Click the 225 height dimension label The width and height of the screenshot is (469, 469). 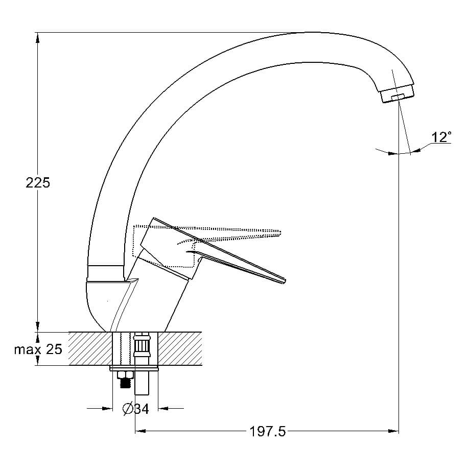pyautogui.click(x=38, y=183)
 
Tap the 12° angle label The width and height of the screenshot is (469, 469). pyautogui.click(x=441, y=137)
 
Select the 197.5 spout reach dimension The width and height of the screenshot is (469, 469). pyautogui.click(x=267, y=431)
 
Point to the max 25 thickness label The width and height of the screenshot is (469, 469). pyautogui.click(x=38, y=349)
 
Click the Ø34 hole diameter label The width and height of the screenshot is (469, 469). pyautogui.click(x=136, y=409)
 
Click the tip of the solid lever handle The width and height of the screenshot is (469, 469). pyautogui.click(x=285, y=280)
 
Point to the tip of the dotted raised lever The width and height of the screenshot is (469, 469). pyautogui.click(x=280, y=232)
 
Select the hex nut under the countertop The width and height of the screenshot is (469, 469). pyautogui.click(x=125, y=375)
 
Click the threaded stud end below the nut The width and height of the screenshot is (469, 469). pyautogui.click(x=126, y=384)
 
